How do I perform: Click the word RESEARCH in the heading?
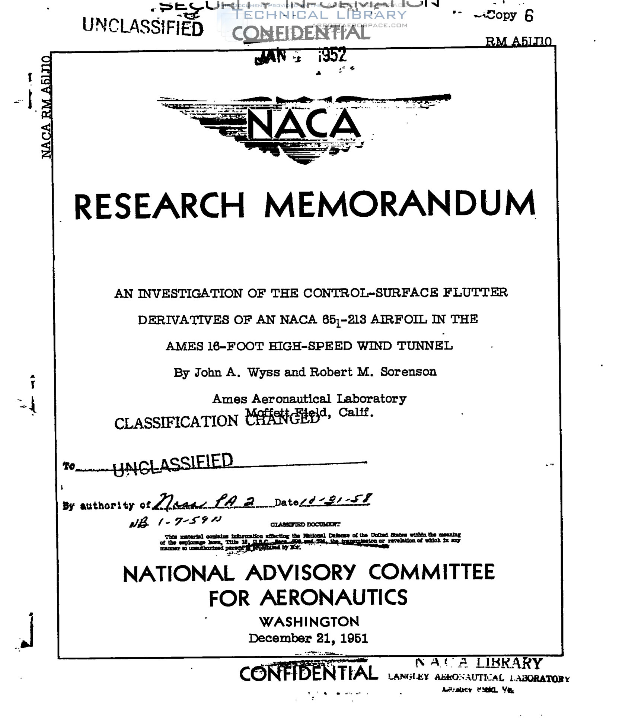pos(159,206)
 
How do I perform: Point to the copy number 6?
pos(529,16)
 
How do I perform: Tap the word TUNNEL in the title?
pos(425,346)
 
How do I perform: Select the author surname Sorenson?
pos(408,372)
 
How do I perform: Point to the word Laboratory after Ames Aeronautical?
pos(371,399)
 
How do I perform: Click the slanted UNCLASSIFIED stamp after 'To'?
pos(173,464)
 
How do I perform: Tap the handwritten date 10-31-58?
pos(335,500)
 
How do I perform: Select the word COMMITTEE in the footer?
pos(432,572)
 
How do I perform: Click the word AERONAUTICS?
pos(334,598)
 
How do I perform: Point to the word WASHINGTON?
pos(309,622)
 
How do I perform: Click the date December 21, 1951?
pos(308,639)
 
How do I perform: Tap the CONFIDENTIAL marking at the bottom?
pos(308,674)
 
